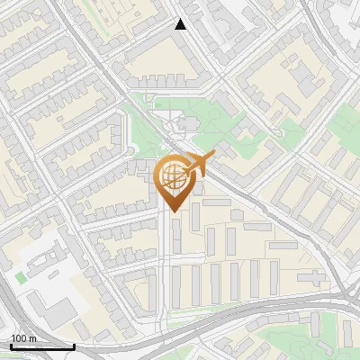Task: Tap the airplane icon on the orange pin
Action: pos(200,164)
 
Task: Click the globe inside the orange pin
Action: pos(172,175)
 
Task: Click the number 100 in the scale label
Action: pos(19,338)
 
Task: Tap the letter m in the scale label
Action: pos(32,338)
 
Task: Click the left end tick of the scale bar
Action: pos(11,346)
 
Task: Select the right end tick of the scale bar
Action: pos(74,346)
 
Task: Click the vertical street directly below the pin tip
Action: pos(165,261)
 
